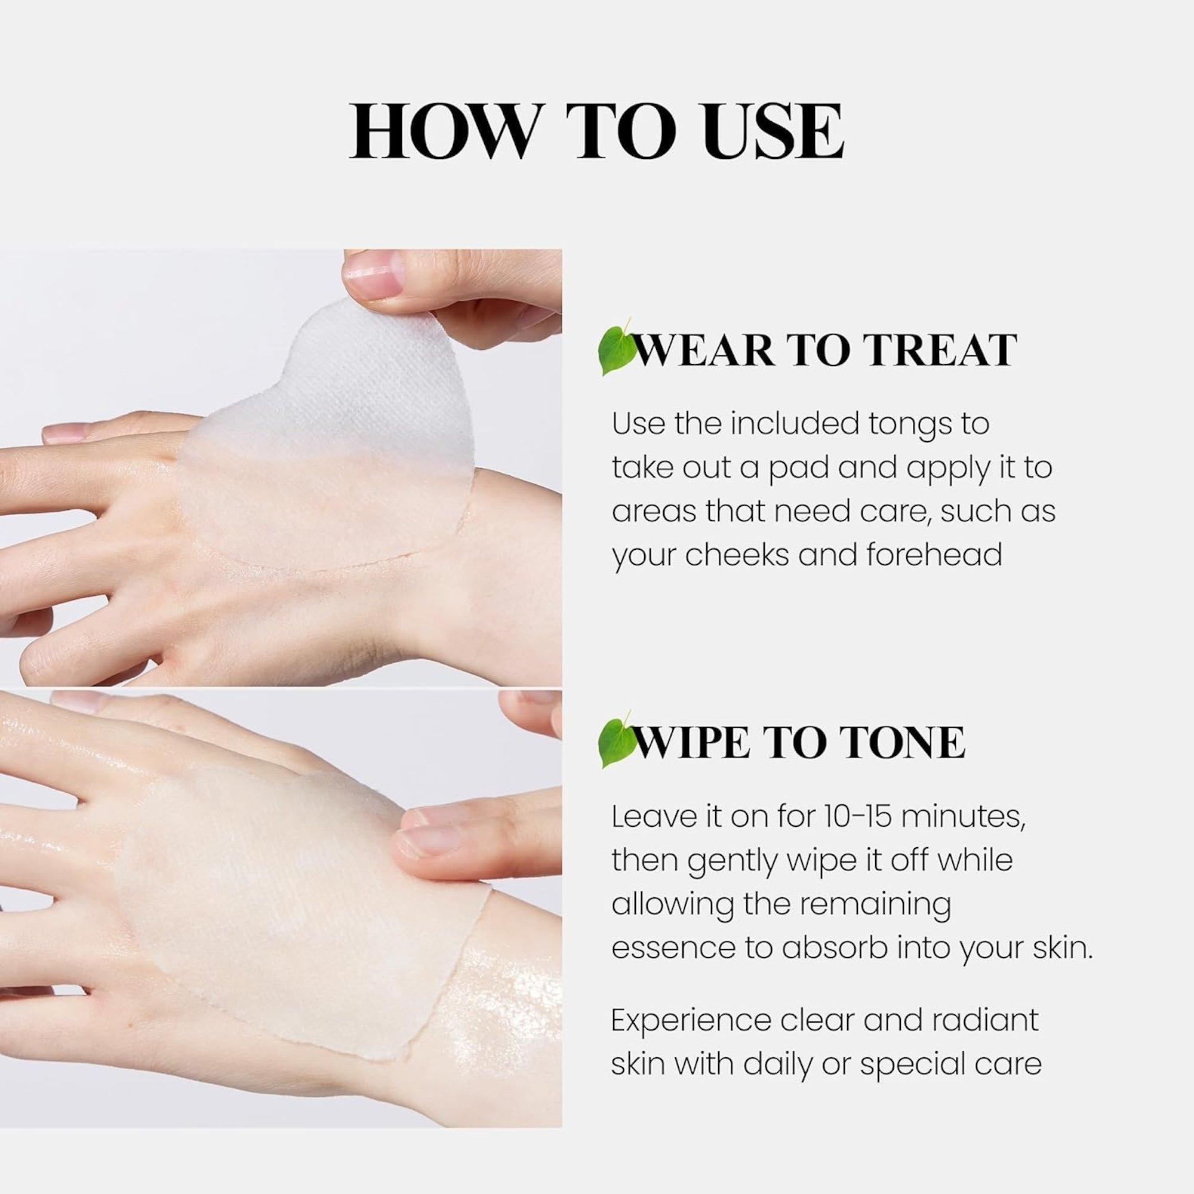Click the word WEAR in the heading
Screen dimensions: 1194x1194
coord(704,350)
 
